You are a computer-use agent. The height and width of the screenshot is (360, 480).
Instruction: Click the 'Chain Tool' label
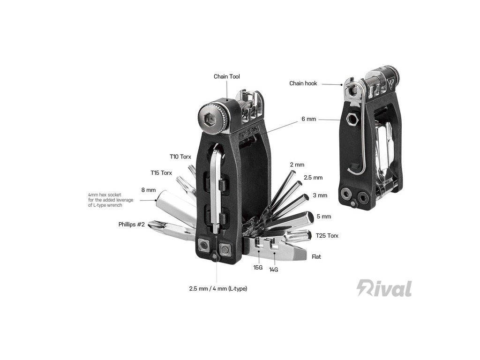click(x=227, y=76)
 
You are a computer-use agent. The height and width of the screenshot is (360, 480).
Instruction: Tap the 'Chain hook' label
click(x=303, y=83)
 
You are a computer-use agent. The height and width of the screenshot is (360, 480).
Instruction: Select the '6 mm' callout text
click(x=309, y=119)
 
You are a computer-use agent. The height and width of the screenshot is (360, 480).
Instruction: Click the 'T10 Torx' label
click(x=180, y=157)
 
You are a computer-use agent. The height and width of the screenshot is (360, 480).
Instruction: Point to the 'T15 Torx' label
click(x=161, y=173)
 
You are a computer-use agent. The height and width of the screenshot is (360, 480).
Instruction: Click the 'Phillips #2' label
click(x=131, y=224)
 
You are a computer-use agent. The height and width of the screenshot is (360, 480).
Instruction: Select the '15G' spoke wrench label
click(x=258, y=268)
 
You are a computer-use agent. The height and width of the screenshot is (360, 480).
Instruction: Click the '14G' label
click(x=273, y=270)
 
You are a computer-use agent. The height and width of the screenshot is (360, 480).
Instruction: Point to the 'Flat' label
click(x=316, y=257)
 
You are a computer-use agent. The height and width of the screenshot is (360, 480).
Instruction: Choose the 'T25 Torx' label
click(x=327, y=235)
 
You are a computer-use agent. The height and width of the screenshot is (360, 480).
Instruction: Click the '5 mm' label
click(x=323, y=217)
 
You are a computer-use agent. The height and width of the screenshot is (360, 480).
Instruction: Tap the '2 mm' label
click(x=297, y=165)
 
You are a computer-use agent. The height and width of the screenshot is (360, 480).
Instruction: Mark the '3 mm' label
click(x=320, y=195)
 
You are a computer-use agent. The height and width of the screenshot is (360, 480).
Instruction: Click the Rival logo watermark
click(x=384, y=288)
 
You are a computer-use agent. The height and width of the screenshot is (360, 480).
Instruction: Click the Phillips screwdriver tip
click(x=154, y=225)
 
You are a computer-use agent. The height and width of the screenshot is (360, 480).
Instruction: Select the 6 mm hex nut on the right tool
click(x=352, y=120)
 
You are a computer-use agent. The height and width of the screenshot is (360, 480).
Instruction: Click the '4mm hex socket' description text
click(x=111, y=200)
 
